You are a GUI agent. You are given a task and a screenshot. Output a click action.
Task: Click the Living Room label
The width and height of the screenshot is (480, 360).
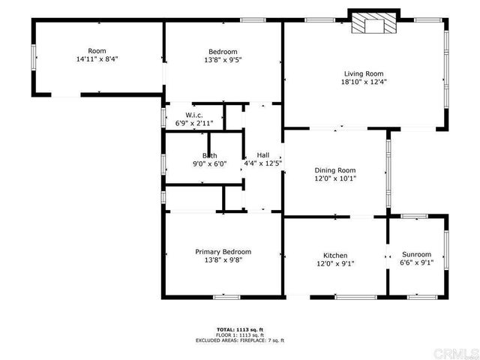pos(364,73)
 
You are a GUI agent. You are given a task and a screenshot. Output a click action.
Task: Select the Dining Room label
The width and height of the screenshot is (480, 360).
pos(335,170)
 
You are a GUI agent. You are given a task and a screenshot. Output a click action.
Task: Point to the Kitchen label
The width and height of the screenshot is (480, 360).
pos(335,255)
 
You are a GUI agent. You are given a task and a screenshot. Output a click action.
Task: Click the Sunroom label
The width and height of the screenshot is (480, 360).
pos(416,254)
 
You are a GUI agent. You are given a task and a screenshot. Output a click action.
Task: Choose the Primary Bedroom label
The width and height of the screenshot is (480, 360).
pos(223,252)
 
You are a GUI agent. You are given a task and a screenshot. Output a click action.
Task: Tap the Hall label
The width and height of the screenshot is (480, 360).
pos(262,154)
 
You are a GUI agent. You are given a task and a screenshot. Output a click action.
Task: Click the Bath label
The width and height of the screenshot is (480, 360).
pos(209,155)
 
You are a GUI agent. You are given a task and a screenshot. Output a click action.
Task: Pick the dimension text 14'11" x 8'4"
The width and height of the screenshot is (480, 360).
pos(97,58)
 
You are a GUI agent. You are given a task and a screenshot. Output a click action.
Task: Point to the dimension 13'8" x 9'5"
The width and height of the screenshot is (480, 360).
pos(223,59)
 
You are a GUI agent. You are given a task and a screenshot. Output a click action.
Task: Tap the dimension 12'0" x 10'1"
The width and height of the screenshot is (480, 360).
pos(335,178)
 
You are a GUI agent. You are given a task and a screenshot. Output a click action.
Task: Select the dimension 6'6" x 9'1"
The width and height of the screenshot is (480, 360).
pos(416,262)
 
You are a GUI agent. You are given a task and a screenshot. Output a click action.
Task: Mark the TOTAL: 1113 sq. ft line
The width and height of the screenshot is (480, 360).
pos(239,329)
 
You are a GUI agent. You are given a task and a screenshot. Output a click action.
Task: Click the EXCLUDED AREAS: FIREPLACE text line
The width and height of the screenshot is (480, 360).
pos(239,340)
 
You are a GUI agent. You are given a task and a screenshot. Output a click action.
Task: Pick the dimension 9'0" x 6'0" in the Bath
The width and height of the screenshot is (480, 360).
pos(209,163)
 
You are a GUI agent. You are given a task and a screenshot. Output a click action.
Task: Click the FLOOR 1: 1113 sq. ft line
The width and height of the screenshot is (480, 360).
pos(239,334)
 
